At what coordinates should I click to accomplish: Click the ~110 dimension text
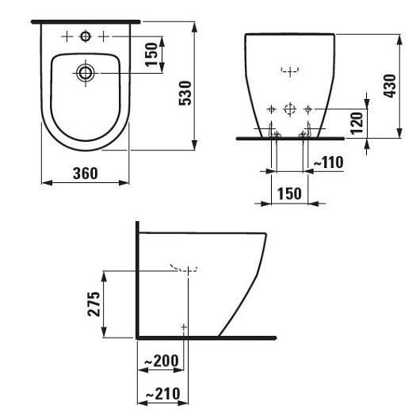pyautogui.click(x=327, y=162)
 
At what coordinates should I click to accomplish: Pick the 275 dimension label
pyautogui.click(x=93, y=304)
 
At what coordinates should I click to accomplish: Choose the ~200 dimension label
pyautogui.click(x=160, y=361)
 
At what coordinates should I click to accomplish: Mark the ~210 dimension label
pyautogui.click(x=160, y=394)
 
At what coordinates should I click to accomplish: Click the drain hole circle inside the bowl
pyautogui.click(x=85, y=73)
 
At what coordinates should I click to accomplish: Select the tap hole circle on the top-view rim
pyautogui.click(x=85, y=36)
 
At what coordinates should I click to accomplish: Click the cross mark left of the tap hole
pyautogui.click(x=67, y=36)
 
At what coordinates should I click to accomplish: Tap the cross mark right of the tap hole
pyautogui.click(x=103, y=36)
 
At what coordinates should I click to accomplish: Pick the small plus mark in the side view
pyautogui.click(x=184, y=326)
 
